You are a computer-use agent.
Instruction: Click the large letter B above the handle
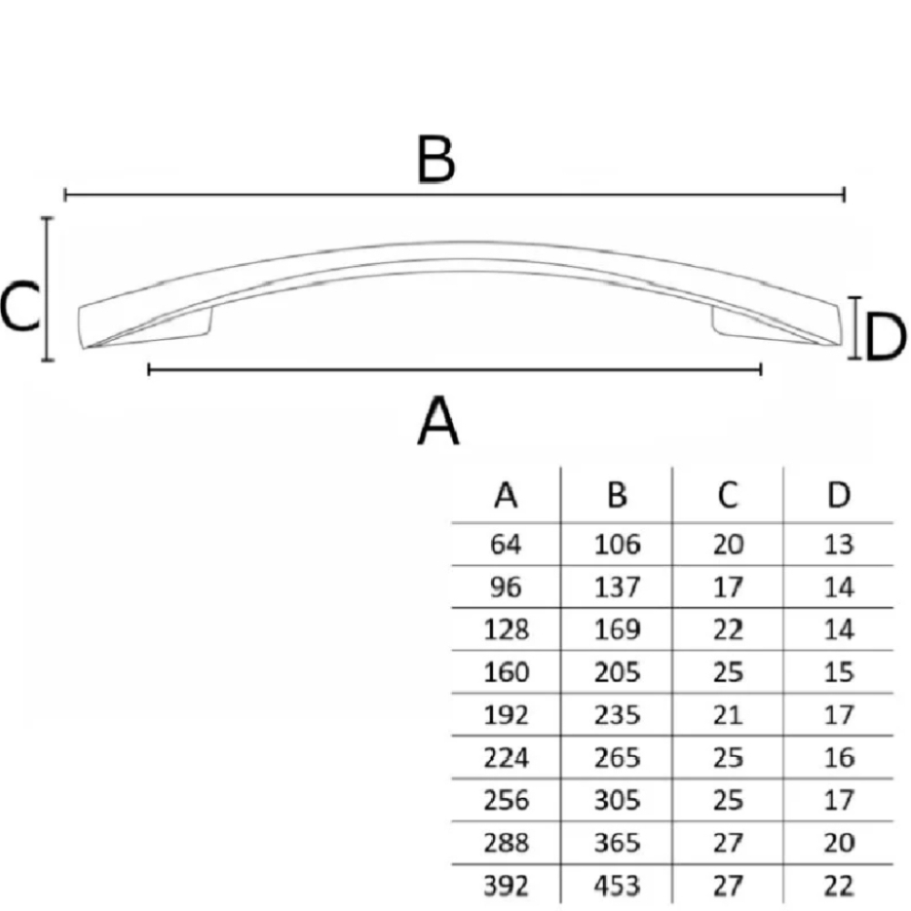435,159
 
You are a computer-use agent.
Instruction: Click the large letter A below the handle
439,420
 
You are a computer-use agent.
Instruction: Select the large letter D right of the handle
885,336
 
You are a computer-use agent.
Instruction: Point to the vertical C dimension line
47,289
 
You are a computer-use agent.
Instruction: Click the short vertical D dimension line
854,328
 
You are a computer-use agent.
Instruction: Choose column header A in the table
506,496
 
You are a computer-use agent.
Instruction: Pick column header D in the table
838,495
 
